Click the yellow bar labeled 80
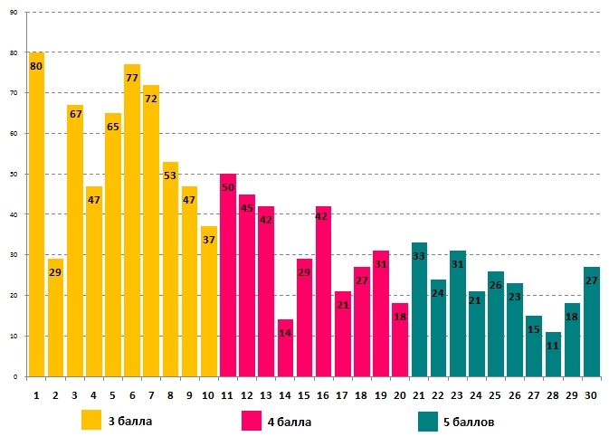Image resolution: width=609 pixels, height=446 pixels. [36, 217]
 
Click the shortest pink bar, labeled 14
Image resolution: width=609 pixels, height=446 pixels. [285, 348]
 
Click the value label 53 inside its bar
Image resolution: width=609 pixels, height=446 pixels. [170, 176]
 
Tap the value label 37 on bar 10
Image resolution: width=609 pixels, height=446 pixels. [209, 240]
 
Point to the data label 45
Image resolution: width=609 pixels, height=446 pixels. [247, 208]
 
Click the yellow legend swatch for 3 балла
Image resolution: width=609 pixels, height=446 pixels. [91, 421]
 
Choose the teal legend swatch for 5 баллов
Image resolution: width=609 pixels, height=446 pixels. [429, 421]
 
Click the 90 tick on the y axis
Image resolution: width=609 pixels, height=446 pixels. [14, 13]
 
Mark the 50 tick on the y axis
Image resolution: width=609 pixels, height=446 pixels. [14, 174]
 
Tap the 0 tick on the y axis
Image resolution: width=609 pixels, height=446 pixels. [15, 376]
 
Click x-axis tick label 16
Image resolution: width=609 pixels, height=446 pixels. [323, 395]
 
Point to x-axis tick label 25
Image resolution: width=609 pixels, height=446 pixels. [496, 395]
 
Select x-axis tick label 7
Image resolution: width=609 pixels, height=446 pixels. [151, 395]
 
